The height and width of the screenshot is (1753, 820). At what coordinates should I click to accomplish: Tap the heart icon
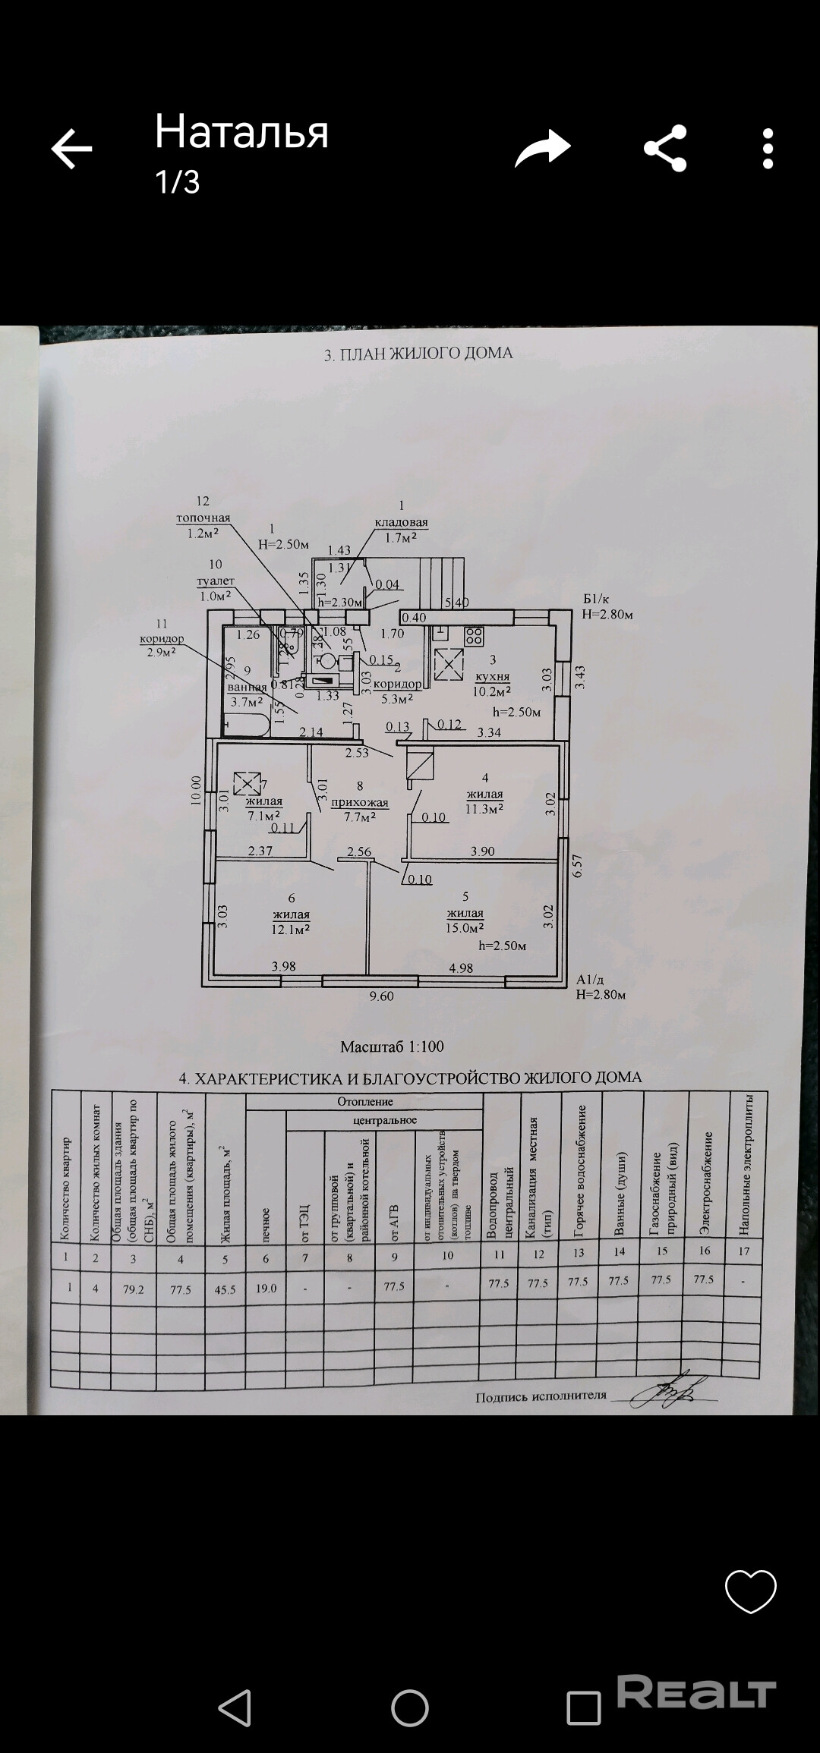coord(750,1590)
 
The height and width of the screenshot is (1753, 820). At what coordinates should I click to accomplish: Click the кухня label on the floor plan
coord(492,676)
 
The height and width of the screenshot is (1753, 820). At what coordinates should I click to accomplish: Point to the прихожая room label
coord(360,802)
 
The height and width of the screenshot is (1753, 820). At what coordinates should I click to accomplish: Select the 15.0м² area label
coord(465,927)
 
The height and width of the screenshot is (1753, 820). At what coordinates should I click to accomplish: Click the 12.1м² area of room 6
coord(291,929)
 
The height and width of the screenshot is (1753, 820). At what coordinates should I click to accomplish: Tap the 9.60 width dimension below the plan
coord(381,996)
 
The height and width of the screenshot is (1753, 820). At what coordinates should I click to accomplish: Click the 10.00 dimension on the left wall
coord(197,789)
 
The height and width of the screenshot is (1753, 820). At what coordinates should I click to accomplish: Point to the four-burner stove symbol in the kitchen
coord(475,635)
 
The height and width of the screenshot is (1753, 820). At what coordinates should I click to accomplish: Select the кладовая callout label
coord(401,523)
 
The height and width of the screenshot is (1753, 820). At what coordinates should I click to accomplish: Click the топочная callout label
coord(203,518)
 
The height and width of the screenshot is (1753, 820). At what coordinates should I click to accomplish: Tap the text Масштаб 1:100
coord(392,1046)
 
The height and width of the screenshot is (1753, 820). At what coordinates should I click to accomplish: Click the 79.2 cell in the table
coord(134,1289)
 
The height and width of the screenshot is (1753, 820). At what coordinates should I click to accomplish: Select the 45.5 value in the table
coord(225,1289)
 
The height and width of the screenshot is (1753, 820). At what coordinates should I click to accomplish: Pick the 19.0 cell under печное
coord(266,1288)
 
